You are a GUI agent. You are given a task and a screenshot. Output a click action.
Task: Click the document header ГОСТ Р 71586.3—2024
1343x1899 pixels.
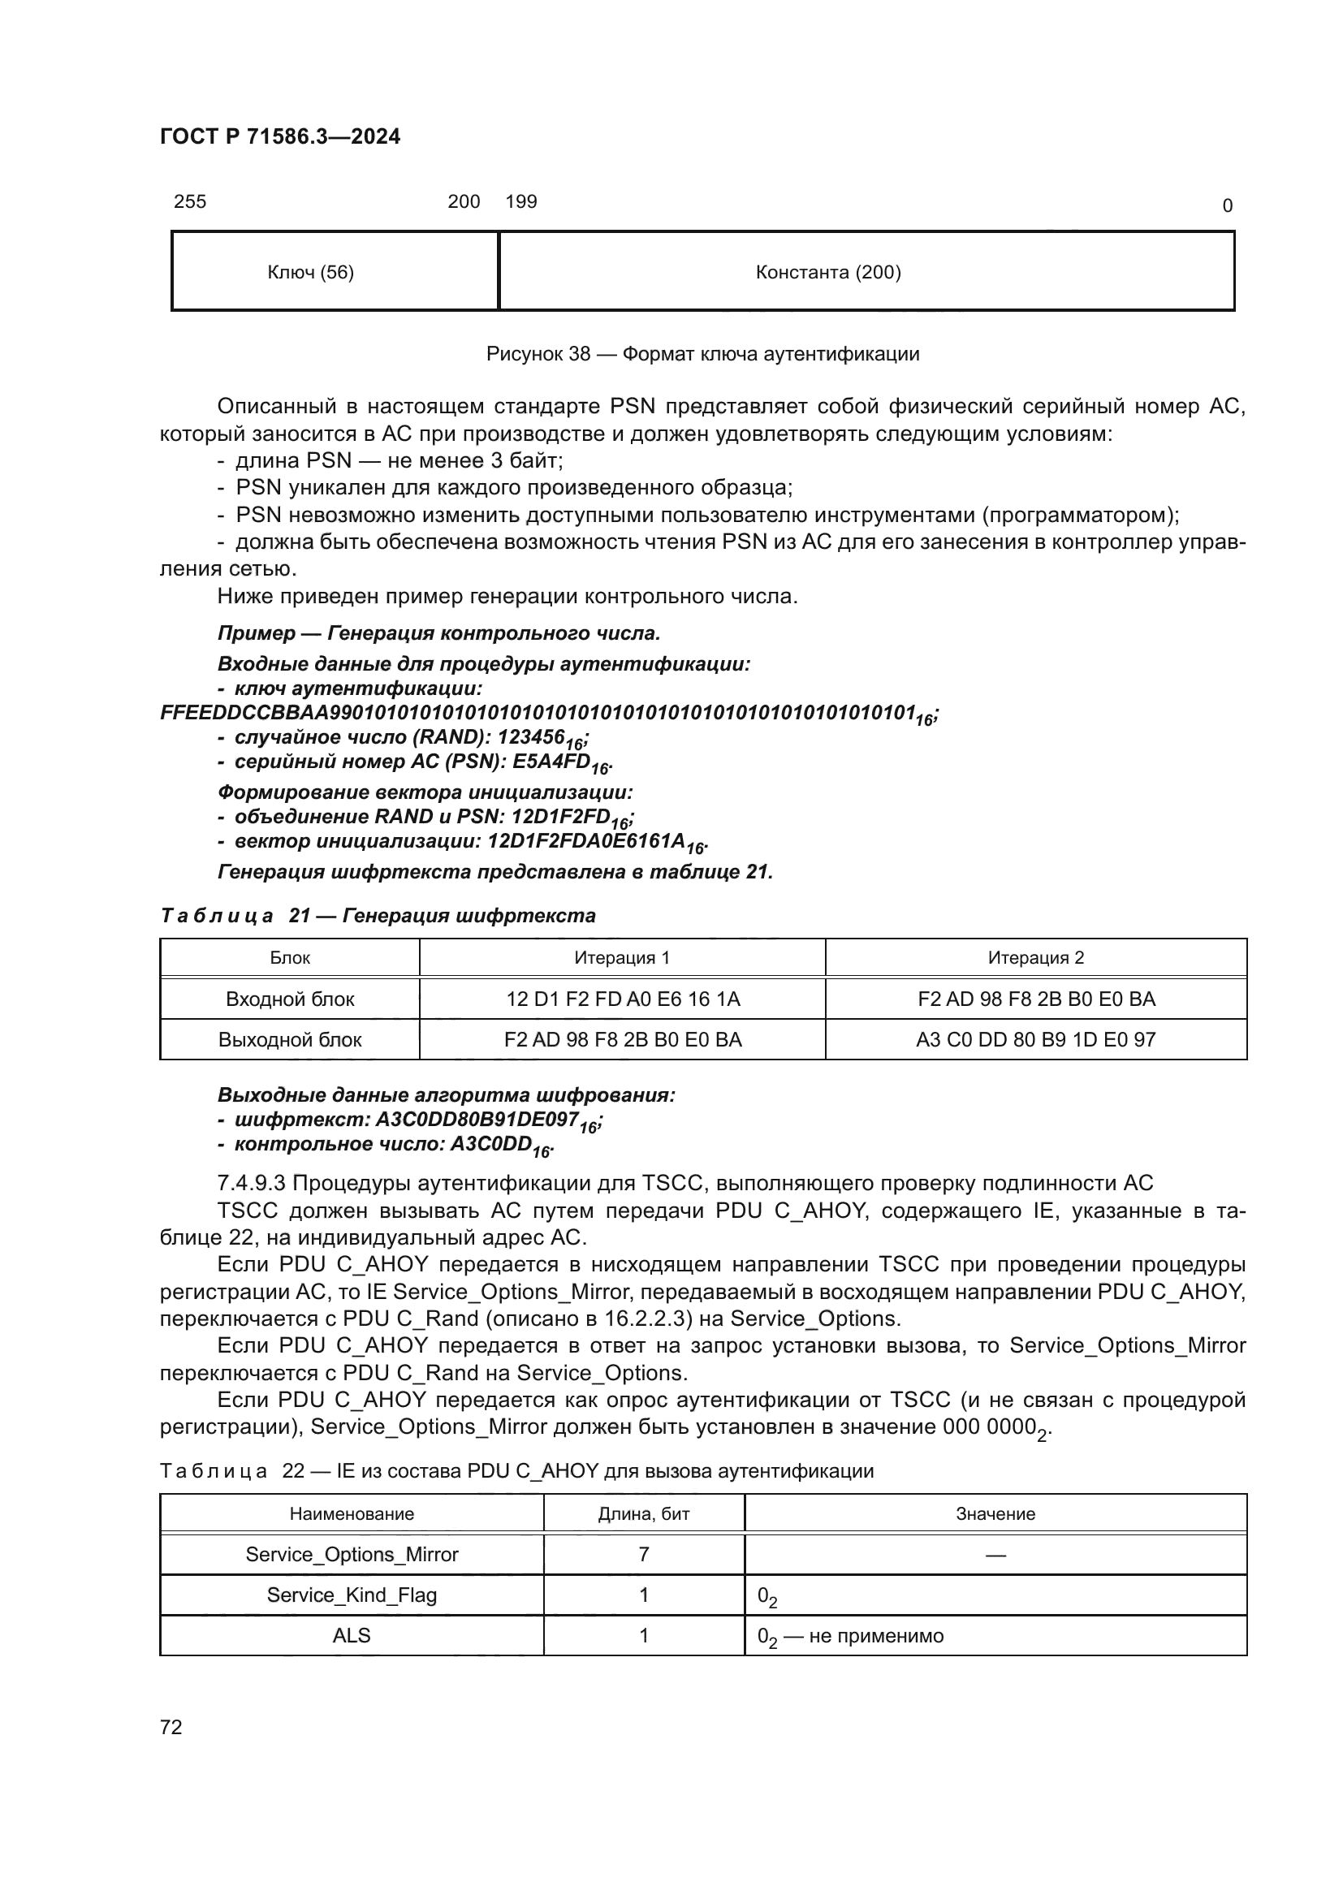coord(279,136)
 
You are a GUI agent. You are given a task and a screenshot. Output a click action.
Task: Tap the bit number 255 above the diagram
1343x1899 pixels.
coord(189,202)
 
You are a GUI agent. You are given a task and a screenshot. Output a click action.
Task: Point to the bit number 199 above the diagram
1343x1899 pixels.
coord(521,202)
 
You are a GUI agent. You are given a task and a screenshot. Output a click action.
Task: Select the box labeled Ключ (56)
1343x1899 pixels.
coord(311,272)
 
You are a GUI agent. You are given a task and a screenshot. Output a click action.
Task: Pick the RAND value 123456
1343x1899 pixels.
coord(539,737)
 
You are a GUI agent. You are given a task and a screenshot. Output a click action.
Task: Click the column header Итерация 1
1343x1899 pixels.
coord(622,958)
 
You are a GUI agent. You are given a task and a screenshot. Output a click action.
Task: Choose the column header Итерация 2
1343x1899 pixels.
coord(1035,958)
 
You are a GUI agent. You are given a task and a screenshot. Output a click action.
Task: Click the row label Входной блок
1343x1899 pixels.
coord(290,999)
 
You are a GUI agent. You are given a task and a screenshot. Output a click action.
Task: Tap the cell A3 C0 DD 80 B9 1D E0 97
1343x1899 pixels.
coord(1035,1040)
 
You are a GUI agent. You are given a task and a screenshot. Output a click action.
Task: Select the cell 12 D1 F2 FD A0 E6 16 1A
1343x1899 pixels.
coord(623,999)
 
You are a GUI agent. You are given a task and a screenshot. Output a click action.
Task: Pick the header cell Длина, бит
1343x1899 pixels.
coord(643,1514)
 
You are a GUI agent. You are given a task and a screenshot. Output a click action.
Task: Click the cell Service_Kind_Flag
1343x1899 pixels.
coord(352,1595)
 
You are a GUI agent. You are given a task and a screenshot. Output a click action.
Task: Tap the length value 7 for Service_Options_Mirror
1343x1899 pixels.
coord(643,1555)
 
